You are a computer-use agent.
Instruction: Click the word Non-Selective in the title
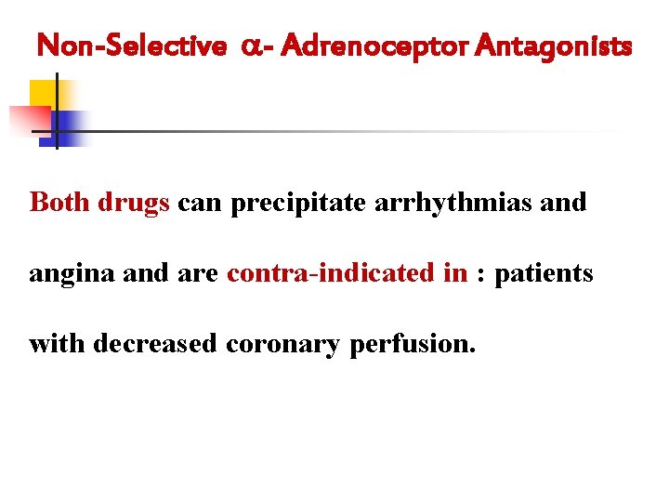tap(131, 45)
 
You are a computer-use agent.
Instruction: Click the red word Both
tap(59, 202)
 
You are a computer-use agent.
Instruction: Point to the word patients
tap(544, 273)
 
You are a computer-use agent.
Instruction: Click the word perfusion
tap(413, 345)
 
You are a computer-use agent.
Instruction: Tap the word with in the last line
tap(58, 344)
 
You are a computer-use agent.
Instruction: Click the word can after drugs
tap(200, 203)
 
